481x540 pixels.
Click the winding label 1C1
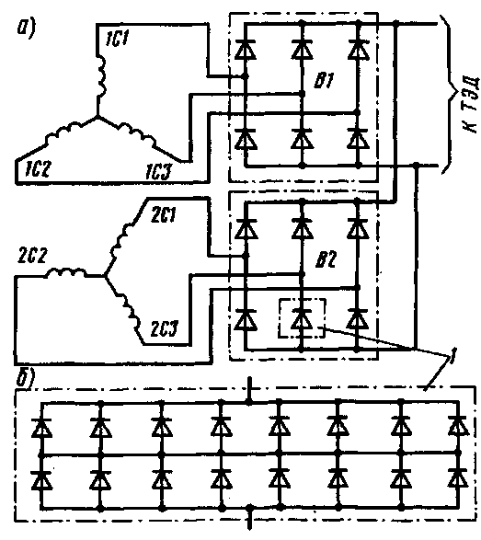point(117,39)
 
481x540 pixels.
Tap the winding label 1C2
point(38,169)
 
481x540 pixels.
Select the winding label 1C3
point(157,171)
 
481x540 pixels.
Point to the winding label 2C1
point(164,215)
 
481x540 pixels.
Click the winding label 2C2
point(32,255)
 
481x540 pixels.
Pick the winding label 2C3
point(165,329)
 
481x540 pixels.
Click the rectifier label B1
point(324,81)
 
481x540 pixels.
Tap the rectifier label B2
point(326,259)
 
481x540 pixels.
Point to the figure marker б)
point(26,378)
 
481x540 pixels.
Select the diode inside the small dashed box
point(302,319)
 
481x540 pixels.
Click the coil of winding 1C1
point(101,76)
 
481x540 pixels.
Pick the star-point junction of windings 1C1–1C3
point(97,118)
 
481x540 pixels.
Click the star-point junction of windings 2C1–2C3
point(105,276)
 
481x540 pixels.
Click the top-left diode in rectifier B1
point(246,50)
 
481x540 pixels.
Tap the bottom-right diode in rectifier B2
point(358,319)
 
